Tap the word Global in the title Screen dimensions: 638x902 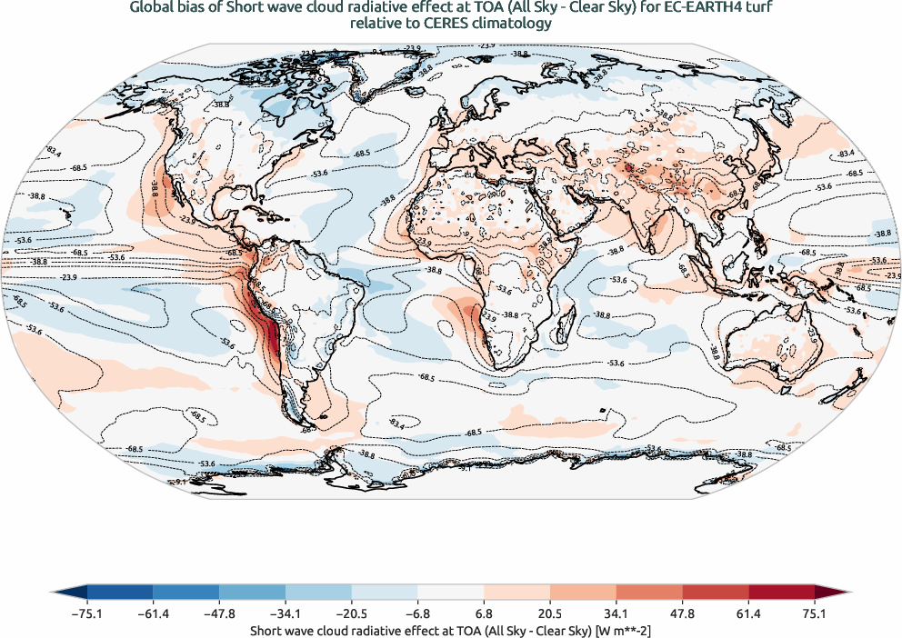click(152, 9)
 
